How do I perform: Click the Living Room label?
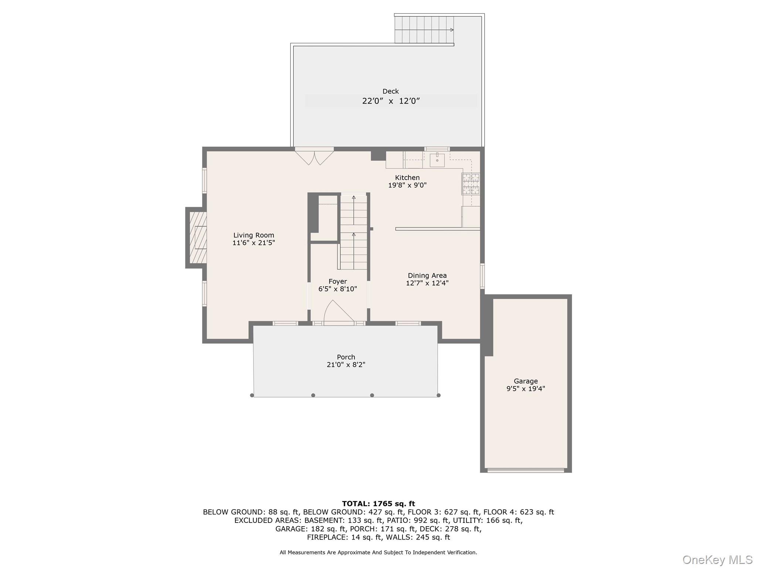[x=254, y=235]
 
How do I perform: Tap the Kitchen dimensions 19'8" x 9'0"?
[x=407, y=185]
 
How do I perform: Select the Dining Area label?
[x=427, y=275]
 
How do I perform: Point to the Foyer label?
[x=337, y=281]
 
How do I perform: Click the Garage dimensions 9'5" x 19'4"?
[x=525, y=389]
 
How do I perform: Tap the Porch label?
[x=346, y=357]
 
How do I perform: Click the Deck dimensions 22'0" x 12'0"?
[x=391, y=101]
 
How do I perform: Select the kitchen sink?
[x=437, y=160]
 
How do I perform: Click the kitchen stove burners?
[x=470, y=184]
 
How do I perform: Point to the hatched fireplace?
[x=198, y=237]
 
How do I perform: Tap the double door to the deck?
[x=314, y=156]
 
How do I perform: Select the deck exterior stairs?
[x=424, y=30]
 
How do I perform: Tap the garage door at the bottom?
[x=525, y=470]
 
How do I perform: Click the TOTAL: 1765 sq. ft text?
[x=378, y=504]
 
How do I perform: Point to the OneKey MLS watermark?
[x=717, y=560]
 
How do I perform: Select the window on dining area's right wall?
[x=482, y=276]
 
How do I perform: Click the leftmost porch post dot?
[x=252, y=395]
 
